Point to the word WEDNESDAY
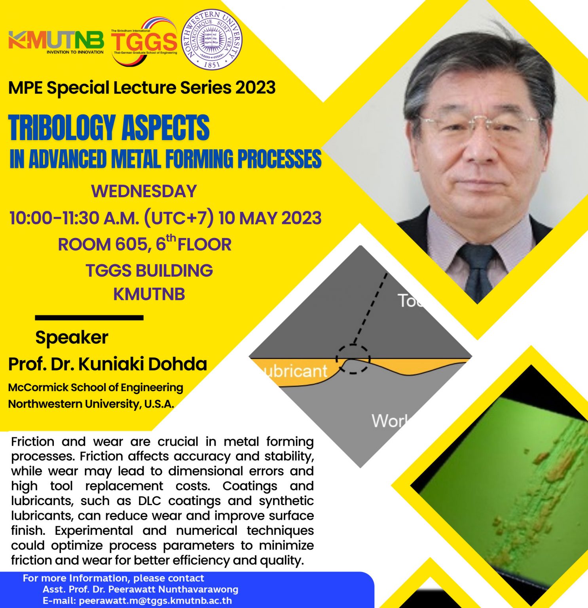pyautogui.click(x=144, y=192)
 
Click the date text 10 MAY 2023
pyautogui.click(x=270, y=218)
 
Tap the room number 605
pyautogui.click(x=131, y=245)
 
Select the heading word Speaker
pyautogui.click(x=72, y=338)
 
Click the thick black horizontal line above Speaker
pyautogui.click(x=89, y=317)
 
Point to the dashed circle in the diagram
pyautogui.click(x=353, y=359)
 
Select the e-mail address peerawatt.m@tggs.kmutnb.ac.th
pyautogui.click(x=155, y=600)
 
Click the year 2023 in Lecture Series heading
pyautogui.click(x=255, y=87)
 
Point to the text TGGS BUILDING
pyautogui.click(x=149, y=271)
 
